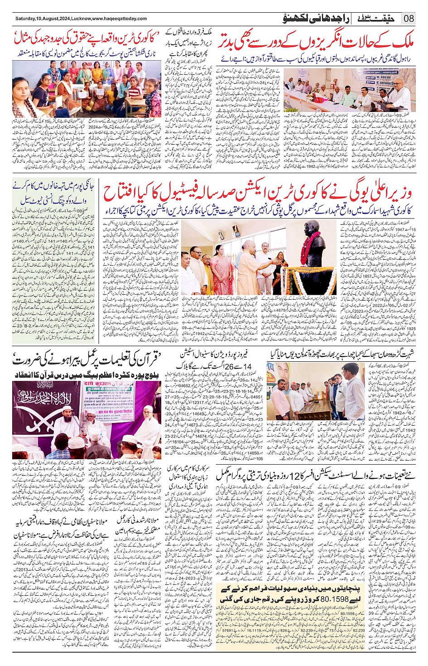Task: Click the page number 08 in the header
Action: coord(409,19)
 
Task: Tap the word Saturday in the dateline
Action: coord(26,19)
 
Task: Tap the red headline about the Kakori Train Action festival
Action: coord(257,193)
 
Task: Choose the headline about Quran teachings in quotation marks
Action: coord(86,360)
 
